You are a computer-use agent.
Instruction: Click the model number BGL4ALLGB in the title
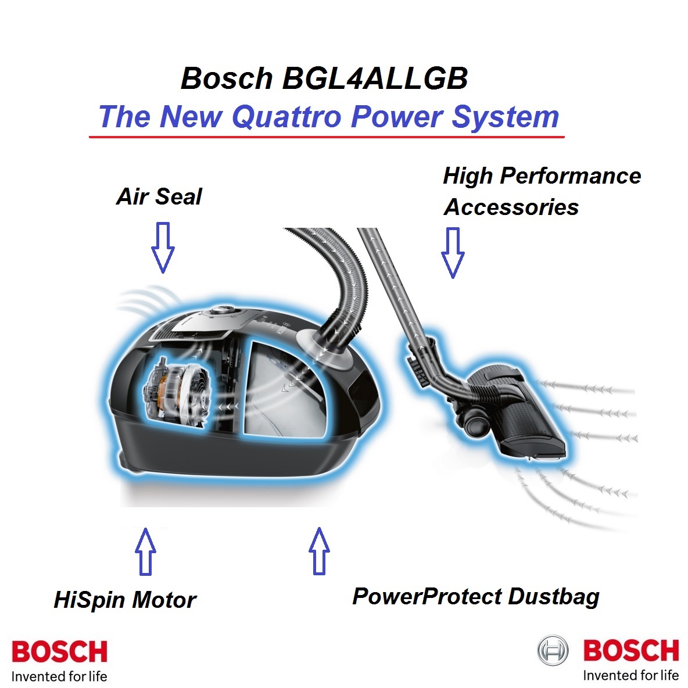click(375, 78)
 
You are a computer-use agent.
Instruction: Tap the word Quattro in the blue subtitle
click(286, 117)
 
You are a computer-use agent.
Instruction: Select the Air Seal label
click(159, 196)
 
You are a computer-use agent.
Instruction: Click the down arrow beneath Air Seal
click(163, 248)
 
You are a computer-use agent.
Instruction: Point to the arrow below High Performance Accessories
click(453, 252)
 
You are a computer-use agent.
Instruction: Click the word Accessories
click(511, 207)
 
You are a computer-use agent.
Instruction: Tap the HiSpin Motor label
click(125, 599)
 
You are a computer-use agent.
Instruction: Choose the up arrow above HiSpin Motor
click(145, 551)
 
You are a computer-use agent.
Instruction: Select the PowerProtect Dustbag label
click(476, 597)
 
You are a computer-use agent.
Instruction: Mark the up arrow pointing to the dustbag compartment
click(319, 551)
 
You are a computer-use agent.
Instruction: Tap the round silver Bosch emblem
click(553, 650)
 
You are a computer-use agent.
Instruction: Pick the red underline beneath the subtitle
click(327, 137)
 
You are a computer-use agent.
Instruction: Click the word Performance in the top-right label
click(571, 177)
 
